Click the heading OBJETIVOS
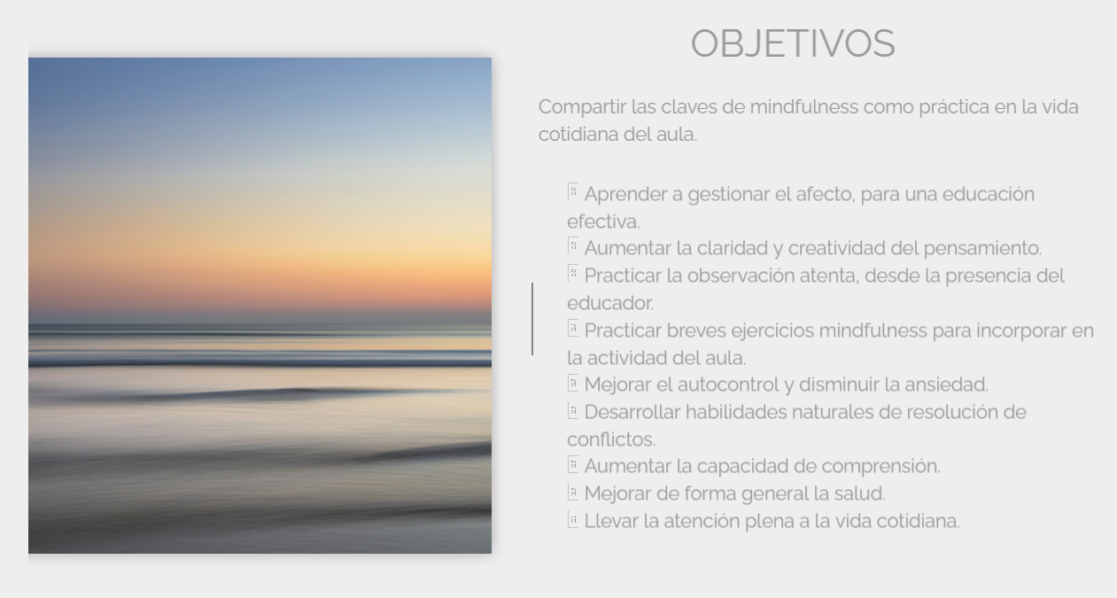coord(793,43)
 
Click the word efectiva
coord(602,221)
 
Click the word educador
coord(609,303)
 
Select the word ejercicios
coord(772,330)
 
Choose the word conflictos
coord(611,439)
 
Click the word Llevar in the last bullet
coord(611,521)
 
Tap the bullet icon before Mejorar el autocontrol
coord(572,384)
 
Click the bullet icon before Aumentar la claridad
coord(572,246)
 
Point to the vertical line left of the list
coord(532,319)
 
